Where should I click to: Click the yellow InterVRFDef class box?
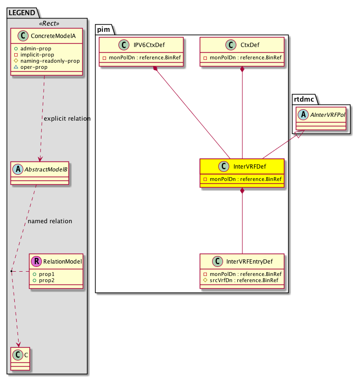[242, 173]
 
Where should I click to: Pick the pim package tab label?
[105, 29]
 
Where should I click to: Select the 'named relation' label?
[50, 221]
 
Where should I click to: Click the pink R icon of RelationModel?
[36, 261]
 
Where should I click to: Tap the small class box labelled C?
[20, 359]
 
